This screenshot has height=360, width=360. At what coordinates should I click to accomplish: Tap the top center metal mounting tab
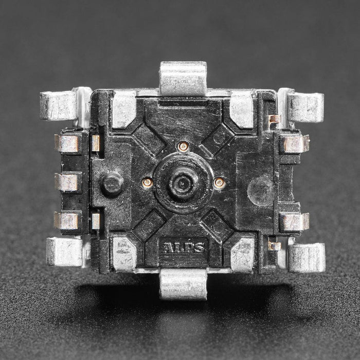pos(183,78)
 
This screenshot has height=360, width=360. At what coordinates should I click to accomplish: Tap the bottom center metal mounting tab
pos(183,283)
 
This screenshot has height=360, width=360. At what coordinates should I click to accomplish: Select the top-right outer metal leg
pos(305,107)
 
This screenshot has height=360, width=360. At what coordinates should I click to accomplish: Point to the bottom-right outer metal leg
pos(307,257)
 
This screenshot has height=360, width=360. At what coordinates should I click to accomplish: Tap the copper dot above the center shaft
pos(183,147)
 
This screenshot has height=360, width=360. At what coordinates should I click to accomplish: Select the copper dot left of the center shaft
pos(147,182)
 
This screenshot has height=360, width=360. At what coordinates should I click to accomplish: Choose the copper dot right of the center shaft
pos(220,182)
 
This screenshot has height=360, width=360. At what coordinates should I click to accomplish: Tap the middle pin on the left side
pos(68,182)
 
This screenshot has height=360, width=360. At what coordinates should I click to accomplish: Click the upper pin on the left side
pos(68,144)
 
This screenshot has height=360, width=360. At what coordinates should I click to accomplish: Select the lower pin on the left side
pos(67,221)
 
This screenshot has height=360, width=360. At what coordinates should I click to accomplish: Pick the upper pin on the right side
pos(295,143)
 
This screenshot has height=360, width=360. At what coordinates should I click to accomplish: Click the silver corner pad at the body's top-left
pos(123,109)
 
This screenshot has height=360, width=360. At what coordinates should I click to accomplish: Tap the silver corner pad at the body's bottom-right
pos(242,254)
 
